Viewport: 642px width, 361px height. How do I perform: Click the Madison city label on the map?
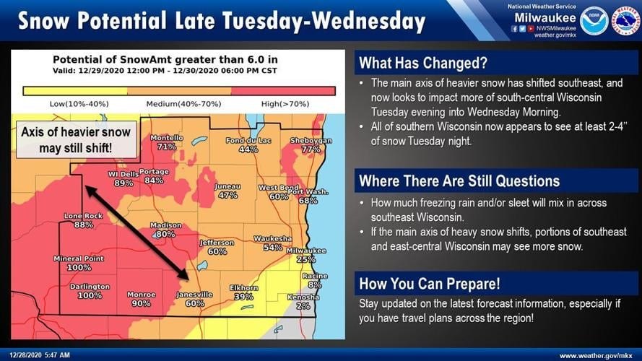click(x=165, y=225)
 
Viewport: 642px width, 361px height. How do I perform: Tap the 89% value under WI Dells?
click(x=123, y=183)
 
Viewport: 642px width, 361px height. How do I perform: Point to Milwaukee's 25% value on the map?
click(x=306, y=259)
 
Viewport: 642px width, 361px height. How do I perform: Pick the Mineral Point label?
click(x=79, y=258)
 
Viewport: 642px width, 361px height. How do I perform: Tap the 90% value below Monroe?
click(x=142, y=304)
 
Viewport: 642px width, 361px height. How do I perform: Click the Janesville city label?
click(x=195, y=295)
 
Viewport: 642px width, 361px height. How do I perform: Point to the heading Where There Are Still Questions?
click(x=459, y=180)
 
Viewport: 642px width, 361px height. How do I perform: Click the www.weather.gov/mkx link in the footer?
click(x=597, y=355)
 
